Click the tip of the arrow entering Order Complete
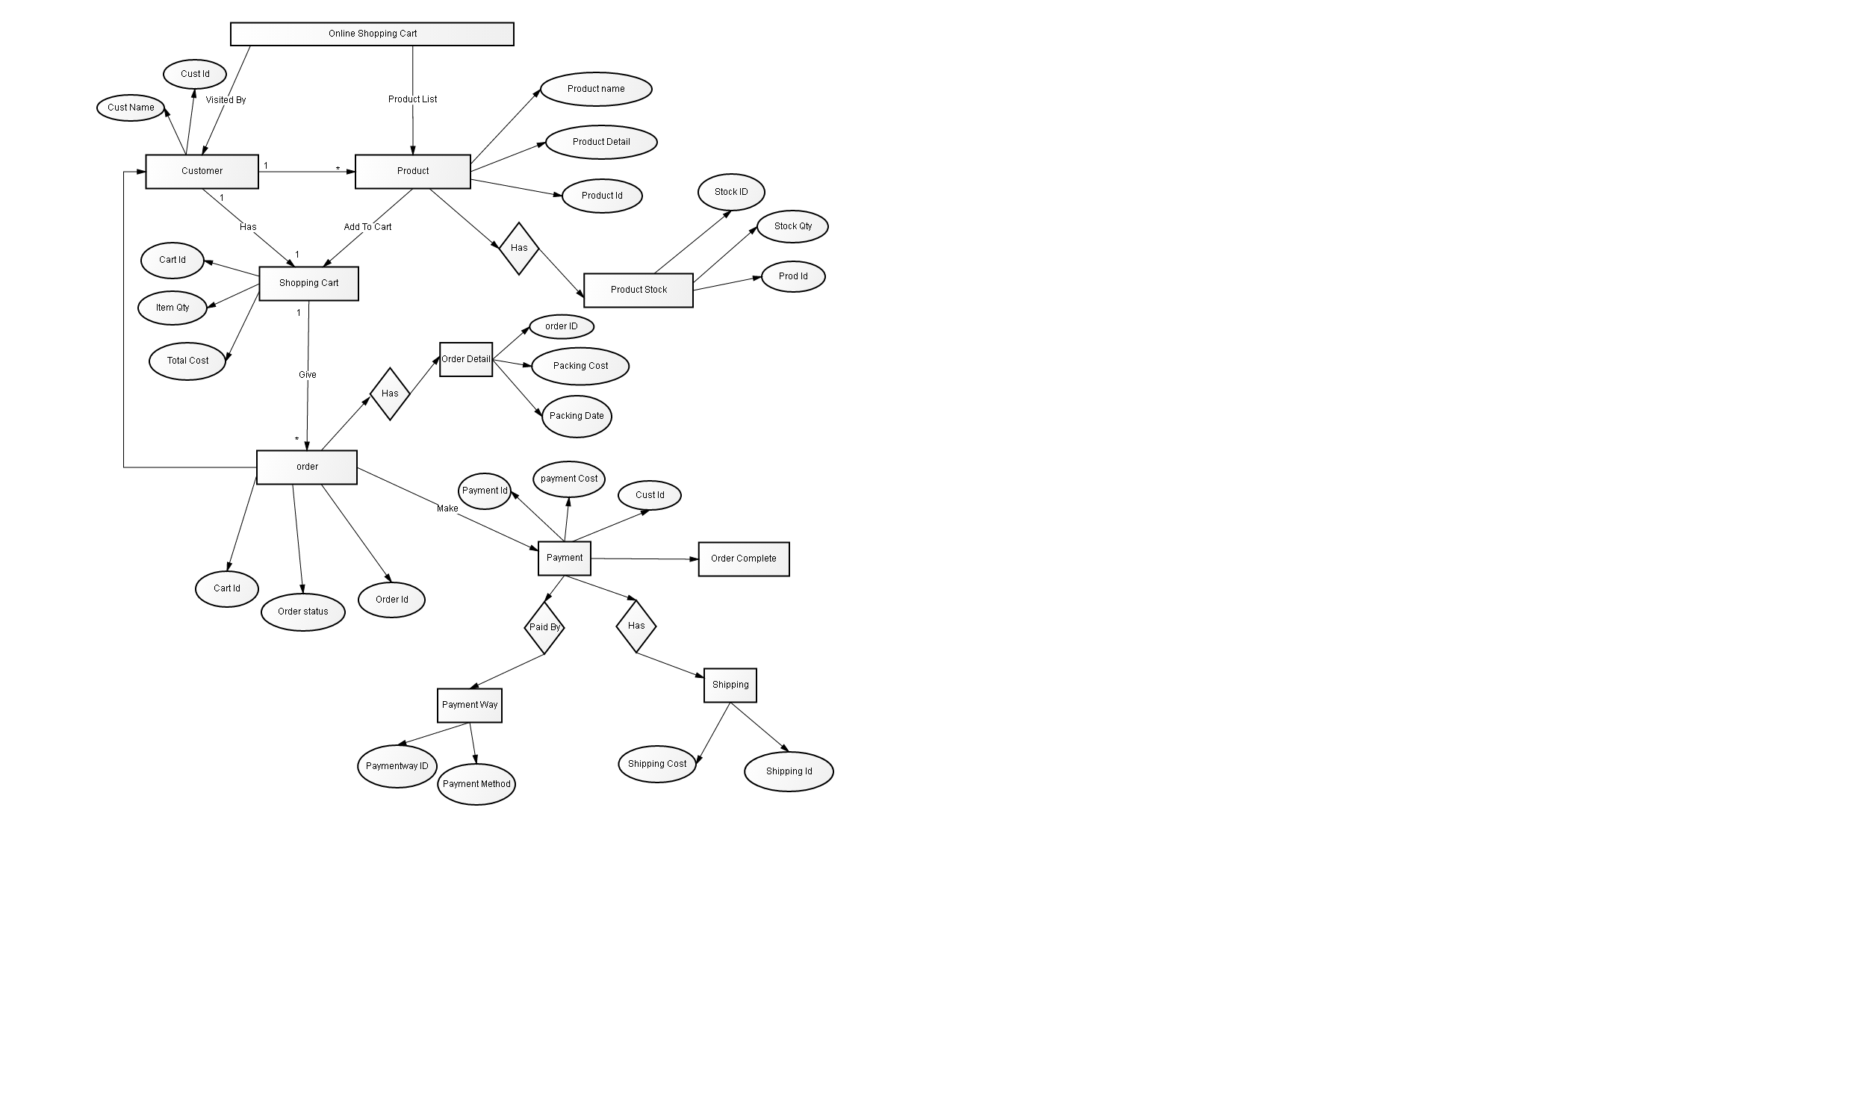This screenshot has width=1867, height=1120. [x=699, y=559]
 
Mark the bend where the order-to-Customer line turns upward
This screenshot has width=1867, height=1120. [x=124, y=467]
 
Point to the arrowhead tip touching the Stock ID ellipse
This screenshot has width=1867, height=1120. [x=731, y=211]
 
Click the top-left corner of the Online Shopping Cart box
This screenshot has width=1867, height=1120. [x=231, y=23]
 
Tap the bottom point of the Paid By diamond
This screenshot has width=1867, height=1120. [x=544, y=654]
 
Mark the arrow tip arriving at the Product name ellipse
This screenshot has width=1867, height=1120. [x=541, y=90]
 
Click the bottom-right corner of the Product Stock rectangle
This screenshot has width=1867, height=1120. [x=693, y=307]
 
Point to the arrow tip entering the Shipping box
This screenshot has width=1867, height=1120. [x=704, y=677]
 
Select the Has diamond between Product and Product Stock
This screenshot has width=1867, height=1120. [x=519, y=249]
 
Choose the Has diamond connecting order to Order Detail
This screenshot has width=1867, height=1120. [x=390, y=394]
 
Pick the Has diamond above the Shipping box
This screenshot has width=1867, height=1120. [x=636, y=626]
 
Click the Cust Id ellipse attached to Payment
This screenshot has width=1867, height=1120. [x=650, y=495]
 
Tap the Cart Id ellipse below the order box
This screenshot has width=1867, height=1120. [x=226, y=588]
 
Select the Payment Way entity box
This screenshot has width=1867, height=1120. [x=470, y=706]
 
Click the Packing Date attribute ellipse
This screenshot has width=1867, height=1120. [x=577, y=417]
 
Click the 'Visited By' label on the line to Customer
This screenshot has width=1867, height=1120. [x=226, y=100]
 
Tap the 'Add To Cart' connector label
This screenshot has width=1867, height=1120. [x=367, y=227]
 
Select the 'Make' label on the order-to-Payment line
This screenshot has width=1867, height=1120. [x=447, y=508]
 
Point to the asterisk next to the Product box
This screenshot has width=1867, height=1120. [x=338, y=169]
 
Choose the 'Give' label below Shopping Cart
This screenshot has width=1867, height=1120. [x=308, y=375]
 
